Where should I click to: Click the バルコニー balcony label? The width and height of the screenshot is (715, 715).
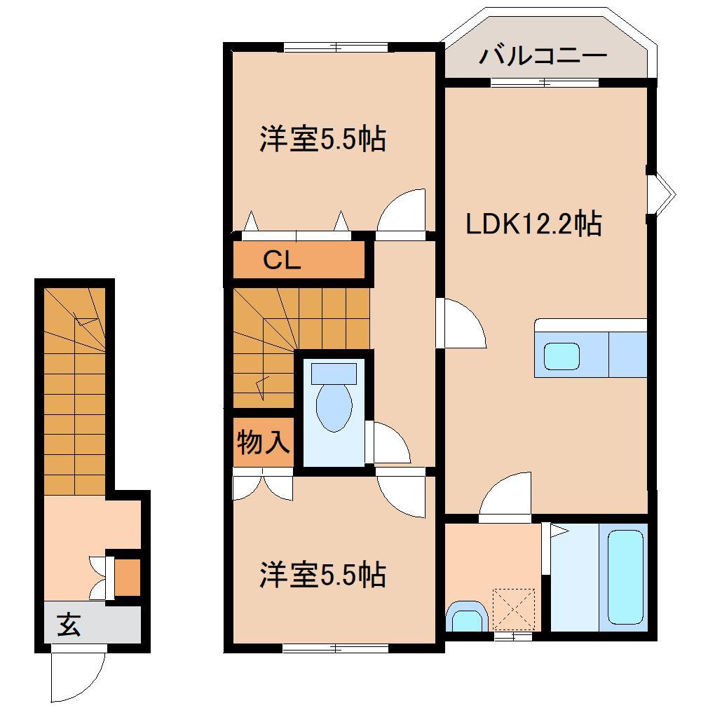543,57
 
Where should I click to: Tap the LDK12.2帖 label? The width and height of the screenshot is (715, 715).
533,225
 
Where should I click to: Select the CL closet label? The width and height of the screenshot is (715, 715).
282,261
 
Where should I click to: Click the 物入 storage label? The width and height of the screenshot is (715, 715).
263,443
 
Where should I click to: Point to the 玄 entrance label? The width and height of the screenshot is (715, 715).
68,623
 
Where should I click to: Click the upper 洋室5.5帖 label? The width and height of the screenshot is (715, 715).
322,139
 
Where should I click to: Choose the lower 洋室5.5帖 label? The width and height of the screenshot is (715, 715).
322,576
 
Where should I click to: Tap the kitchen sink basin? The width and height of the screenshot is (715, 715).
563,356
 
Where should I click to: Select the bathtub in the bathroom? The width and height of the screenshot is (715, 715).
625,577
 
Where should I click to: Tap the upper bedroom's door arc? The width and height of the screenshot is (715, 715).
402,210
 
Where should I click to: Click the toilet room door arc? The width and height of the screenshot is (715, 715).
390,443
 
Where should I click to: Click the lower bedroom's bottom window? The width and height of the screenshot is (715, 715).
335,648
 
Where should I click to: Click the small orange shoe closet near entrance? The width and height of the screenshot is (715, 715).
127,578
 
